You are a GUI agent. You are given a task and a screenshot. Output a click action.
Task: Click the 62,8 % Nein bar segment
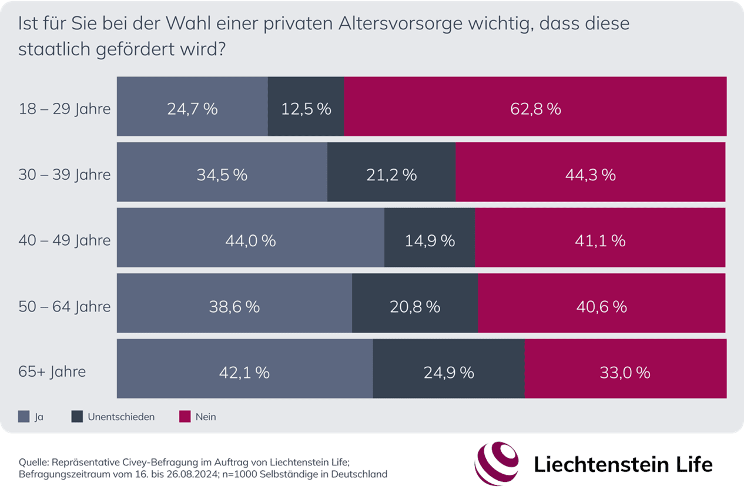pyautogui.click(x=535, y=109)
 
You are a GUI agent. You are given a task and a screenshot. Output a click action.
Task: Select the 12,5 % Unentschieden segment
pyautogui.click(x=306, y=109)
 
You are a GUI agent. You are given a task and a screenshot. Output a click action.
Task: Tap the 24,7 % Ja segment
pyautogui.click(x=192, y=109)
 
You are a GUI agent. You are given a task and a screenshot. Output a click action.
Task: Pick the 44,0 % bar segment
pyautogui.click(x=250, y=240)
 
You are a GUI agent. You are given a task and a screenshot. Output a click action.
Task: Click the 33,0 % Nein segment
pyautogui.click(x=625, y=372)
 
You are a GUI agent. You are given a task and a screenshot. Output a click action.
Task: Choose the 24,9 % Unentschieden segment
pyautogui.click(x=448, y=372)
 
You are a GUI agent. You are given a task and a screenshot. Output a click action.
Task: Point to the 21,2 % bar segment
pyautogui.click(x=391, y=175)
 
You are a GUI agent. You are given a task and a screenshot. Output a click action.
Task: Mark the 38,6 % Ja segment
pyautogui.click(x=234, y=306)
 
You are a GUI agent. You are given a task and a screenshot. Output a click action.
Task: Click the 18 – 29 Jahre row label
pyautogui.click(x=65, y=109)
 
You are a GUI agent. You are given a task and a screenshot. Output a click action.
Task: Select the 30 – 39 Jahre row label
pyautogui.click(x=65, y=175)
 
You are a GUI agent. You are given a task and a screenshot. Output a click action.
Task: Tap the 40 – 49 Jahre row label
pyautogui.click(x=65, y=241)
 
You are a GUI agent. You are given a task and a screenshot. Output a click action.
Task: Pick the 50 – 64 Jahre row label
pyautogui.click(x=65, y=307)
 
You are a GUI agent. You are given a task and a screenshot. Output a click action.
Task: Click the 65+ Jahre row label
pyautogui.click(x=52, y=372)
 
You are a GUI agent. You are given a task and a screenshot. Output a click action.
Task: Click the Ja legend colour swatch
pyautogui.click(x=24, y=417)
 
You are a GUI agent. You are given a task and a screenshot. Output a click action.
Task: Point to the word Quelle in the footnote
pyautogui.click(x=33, y=461)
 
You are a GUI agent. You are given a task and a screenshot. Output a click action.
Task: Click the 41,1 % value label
pyautogui.click(x=601, y=240)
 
